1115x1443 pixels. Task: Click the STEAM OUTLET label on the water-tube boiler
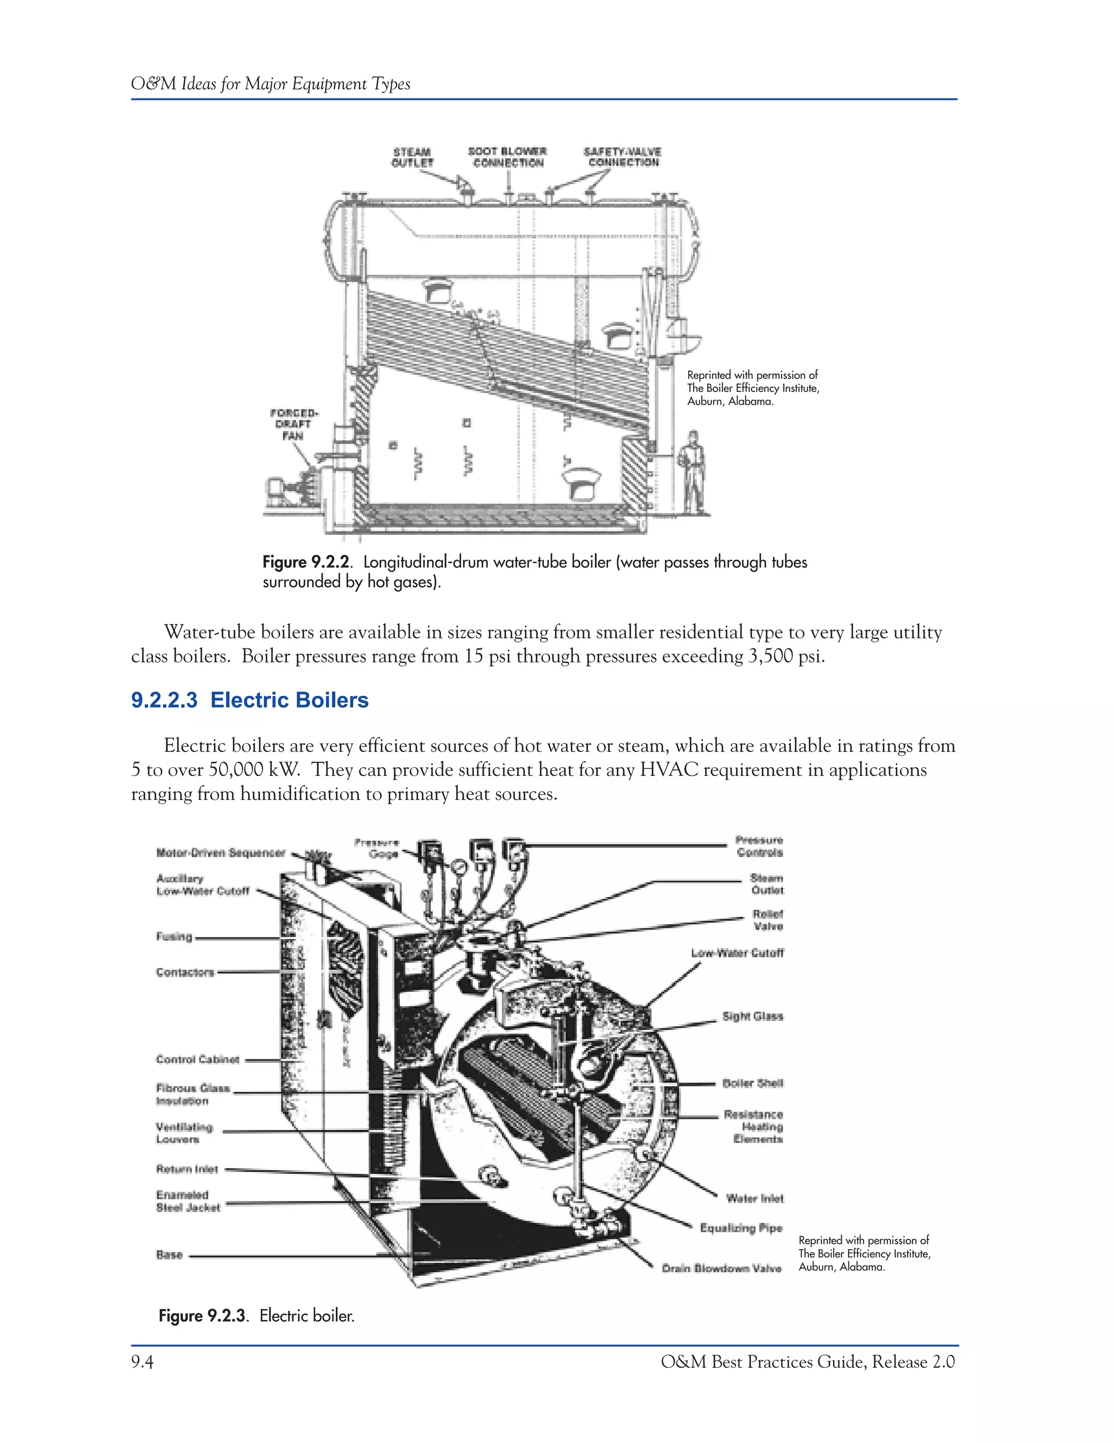coord(412,157)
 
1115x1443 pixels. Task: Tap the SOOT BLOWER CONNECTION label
coord(507,157)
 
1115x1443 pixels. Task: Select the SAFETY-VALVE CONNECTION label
coord(622,157)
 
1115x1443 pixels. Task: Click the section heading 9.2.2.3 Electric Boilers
coord(250,700)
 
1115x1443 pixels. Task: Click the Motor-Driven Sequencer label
coord(220,853)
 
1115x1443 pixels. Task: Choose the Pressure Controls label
coord(759,846)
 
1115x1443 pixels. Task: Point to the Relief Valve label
coord(768,920)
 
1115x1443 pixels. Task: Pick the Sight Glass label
coord(752,1016)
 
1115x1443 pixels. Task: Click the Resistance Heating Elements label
coord(753,1127)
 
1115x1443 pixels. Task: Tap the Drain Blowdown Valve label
coord(721,1268)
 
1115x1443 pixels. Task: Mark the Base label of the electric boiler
coord(169,1255)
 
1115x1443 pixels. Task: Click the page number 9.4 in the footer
coord(142,1362)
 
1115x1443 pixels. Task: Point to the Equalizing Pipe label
coord(740,1227)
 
